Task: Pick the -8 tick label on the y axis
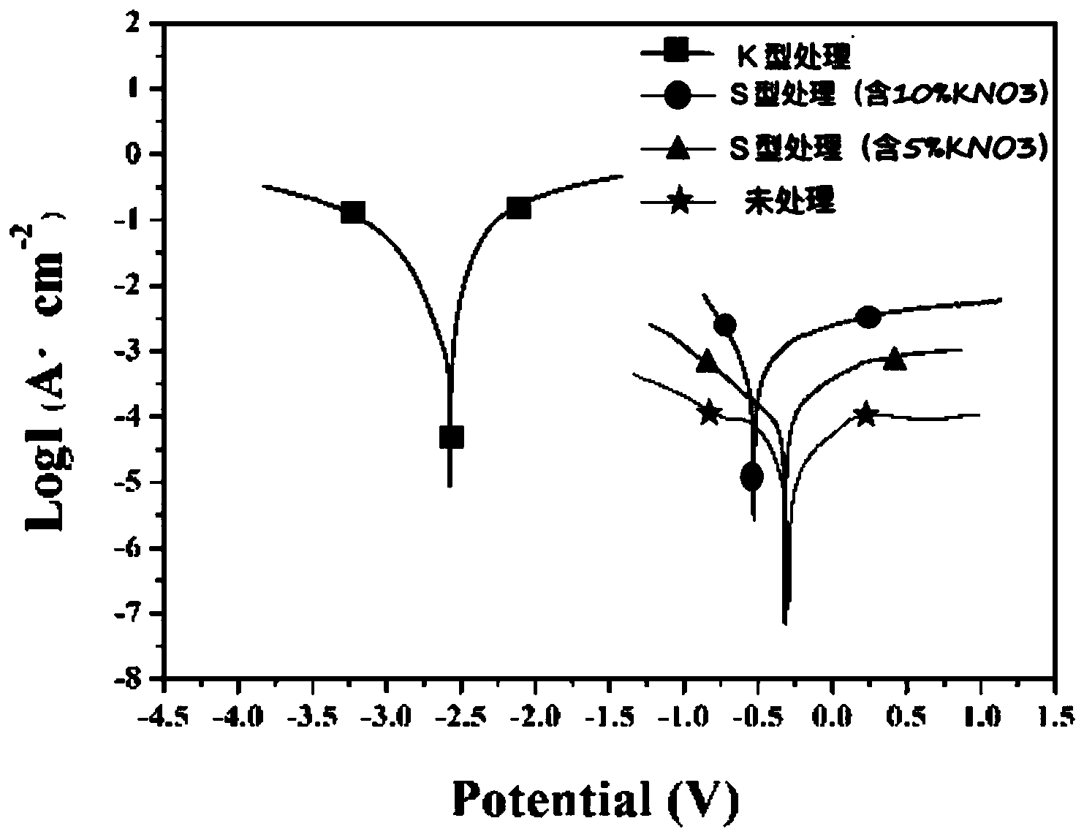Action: tap(134, 679)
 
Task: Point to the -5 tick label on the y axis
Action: tap(134, 482)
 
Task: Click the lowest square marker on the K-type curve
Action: tap(451, 437)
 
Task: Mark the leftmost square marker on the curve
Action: tap(353, 212)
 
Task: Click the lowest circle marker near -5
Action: tap(751, 477)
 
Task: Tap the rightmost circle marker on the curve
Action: tap(868, 317)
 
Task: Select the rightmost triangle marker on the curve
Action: tap(895, 359)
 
